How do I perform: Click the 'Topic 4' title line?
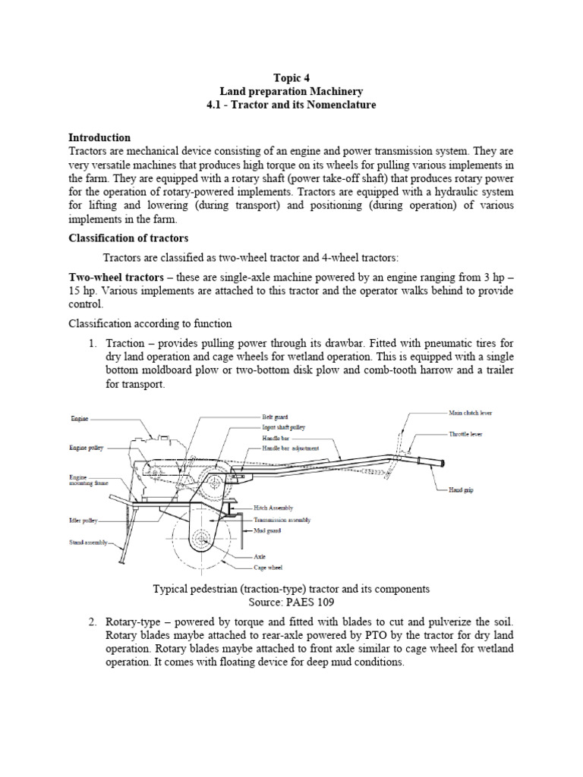291,77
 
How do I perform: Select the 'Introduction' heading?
99,137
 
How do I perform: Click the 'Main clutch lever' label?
470,413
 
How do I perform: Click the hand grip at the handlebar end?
432,461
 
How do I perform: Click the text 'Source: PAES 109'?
291,601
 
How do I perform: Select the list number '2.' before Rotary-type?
92,623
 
